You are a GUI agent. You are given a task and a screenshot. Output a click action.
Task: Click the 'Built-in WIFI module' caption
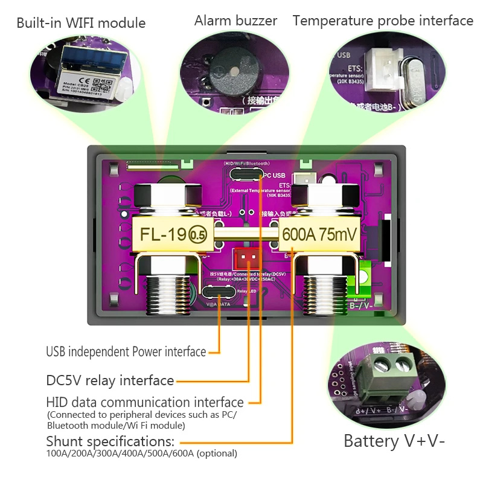point(81,24)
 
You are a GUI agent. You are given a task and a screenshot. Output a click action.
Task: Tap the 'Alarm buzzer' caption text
point(235,21)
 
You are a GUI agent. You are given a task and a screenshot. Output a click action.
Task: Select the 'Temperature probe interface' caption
point(383,21)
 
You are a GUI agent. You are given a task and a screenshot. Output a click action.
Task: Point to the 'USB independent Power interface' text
point(126,351)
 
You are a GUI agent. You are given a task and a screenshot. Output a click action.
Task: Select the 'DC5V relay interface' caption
point(110,380)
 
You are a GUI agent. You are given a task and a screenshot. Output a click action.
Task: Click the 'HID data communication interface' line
point(145,402)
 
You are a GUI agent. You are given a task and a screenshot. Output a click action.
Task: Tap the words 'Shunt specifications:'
point(110,441)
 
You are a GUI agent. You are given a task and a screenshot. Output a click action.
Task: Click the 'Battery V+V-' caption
point(394,441)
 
